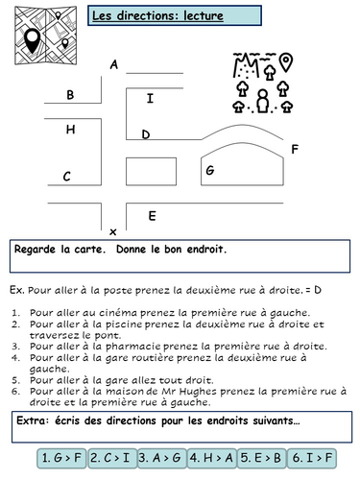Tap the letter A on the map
click(114, 65)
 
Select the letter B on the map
click(70, 95)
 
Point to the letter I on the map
click(149, 98)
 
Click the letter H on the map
click(70, 129)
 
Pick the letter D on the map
click(145, 134)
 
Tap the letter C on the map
click(67, 176)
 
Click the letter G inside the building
click(209, 170)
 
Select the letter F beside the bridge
click(294, 149)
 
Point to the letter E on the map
click(152, 216)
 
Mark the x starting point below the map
click(113, 231)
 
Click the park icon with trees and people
click(262, 82)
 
